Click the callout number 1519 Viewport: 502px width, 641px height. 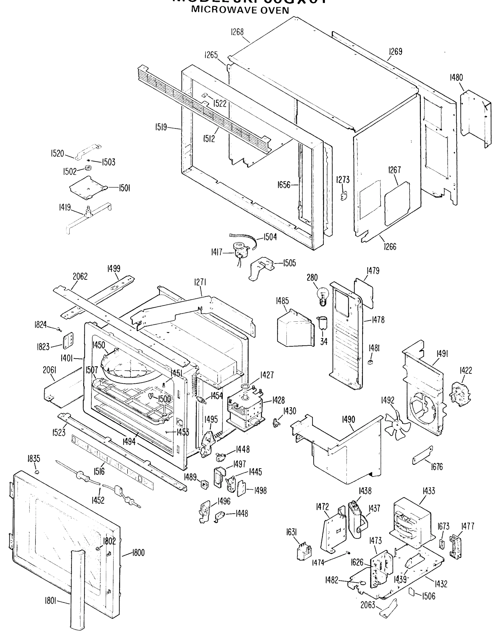[x=161, y=127]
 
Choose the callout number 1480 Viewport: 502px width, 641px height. [x=456, y=78]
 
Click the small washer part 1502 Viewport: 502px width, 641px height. [x=88, y=168]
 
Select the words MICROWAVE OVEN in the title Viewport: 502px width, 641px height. [x=240, y=10]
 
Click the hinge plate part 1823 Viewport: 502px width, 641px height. [x=68, y=341]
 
